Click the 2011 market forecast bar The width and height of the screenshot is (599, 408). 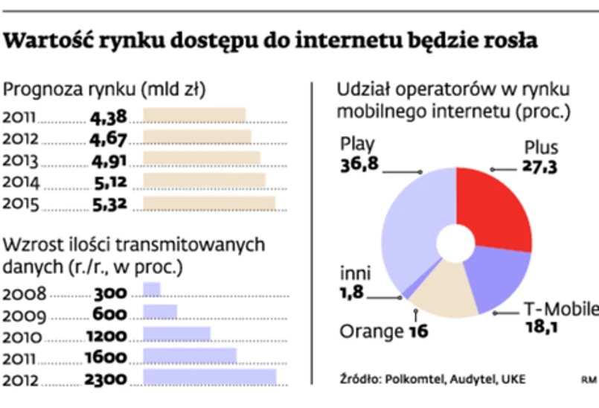click(193, 116)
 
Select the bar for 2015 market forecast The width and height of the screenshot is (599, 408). click(208, 203)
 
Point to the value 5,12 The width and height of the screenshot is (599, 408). click(109, 182)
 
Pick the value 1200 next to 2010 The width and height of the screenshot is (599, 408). click(106, 336)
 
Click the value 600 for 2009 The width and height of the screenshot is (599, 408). click(109, 313)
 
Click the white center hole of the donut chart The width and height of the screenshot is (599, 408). click(456, 243)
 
